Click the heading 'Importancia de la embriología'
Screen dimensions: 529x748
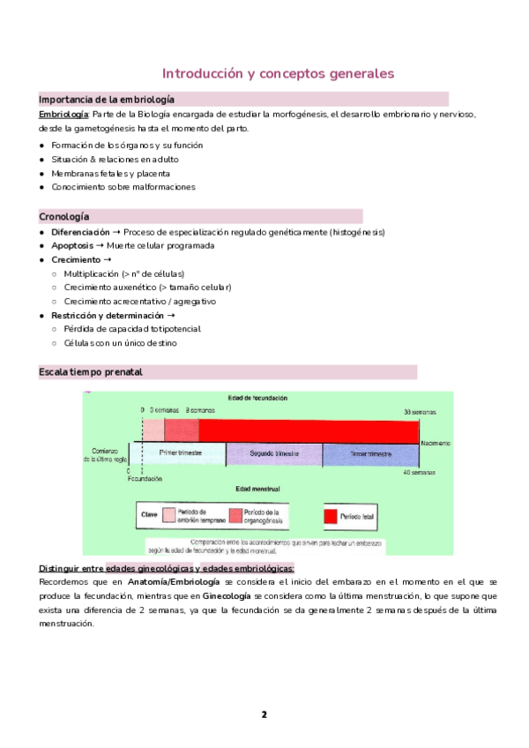tap(107, 100)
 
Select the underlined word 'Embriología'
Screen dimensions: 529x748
tap(63, 115)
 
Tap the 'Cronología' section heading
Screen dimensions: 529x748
tap(64, 217)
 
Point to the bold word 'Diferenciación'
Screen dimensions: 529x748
tap(80, 232)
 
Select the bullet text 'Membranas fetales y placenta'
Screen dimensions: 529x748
tap(110, 173)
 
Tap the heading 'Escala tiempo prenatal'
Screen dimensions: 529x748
tap(90, 372)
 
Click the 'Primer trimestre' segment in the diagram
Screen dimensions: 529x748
tap(181, 453)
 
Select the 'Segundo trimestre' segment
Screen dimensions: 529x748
tap(273, 453)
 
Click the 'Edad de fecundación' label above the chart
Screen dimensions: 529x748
tap(257, 399)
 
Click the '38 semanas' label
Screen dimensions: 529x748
tap(419, 412)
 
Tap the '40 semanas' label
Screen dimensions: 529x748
tap(419, 474)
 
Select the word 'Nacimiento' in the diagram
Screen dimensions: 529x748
tap(436, 442)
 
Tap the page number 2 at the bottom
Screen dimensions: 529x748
tap(264, 714)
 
